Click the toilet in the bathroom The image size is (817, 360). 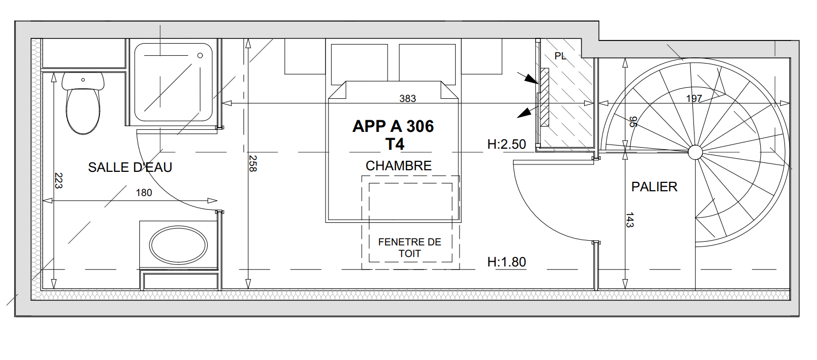83,103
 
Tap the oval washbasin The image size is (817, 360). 178,245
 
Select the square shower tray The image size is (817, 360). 173,82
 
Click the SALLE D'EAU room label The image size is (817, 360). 130,168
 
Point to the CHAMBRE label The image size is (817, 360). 399,166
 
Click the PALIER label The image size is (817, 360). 655,187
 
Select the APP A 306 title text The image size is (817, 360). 393,127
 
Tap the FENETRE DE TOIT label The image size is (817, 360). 410,248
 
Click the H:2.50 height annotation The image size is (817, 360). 507,145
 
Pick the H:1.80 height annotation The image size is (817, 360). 507,262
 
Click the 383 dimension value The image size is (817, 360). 407,98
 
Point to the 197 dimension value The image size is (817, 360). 694,98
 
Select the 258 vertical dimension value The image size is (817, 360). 252,163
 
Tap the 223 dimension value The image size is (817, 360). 58,181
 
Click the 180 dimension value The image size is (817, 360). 144,192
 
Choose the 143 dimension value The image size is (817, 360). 629,220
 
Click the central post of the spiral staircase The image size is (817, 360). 695,152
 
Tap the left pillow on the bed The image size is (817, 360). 359,64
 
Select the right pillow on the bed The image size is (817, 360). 427,64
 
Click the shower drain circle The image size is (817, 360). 200,55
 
